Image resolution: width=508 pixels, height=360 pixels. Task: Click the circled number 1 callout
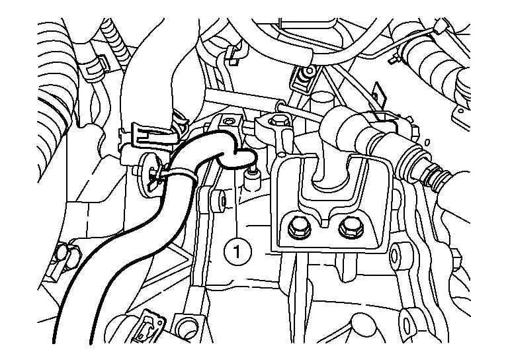(237, 251)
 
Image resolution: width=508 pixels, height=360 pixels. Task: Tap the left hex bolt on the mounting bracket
(296, 229)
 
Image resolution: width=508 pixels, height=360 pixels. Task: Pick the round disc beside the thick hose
(149, 174)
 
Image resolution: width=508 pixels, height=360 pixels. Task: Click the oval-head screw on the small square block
(230, 121)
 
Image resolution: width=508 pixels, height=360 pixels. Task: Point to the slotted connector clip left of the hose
(155, 134)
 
